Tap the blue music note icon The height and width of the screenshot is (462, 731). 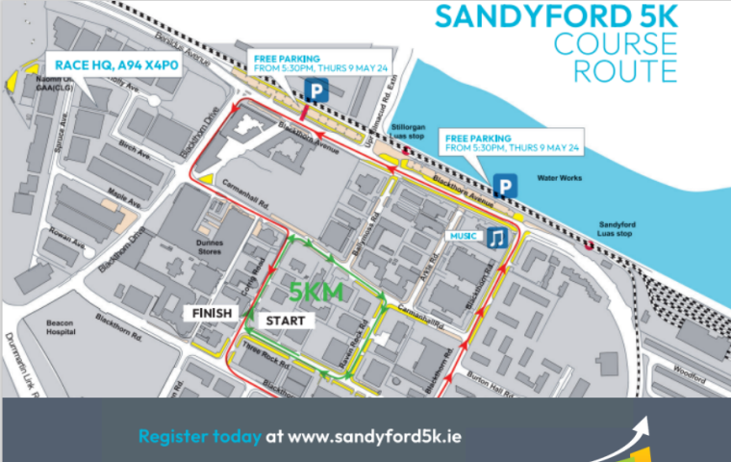[x=494, y=237]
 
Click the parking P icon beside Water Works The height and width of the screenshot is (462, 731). [x=502, y=185]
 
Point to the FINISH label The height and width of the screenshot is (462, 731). [x=211, y=314]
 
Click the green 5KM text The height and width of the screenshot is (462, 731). [x=317, y=292]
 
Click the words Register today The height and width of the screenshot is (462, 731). [x=199, y=436]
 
